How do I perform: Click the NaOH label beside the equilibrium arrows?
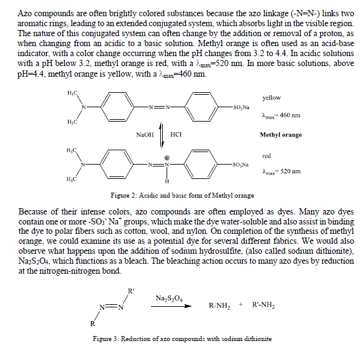click(145, 134)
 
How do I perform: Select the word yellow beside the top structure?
click(271, 98)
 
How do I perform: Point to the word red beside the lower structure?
click(266, 156)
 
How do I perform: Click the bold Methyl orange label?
click(281, 134)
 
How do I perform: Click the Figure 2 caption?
click(182, 195)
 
